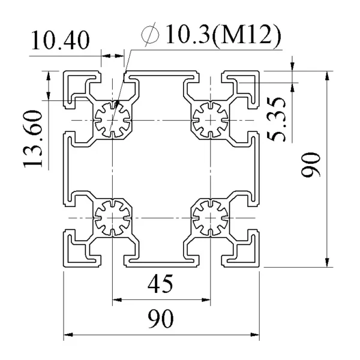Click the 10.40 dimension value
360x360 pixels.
tap(60, 40)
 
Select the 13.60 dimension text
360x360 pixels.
tap(32, 139)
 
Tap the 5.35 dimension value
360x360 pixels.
tap(277, 119)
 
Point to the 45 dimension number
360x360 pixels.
tap(160, 284)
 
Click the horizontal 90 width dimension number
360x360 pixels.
tap(160, 319)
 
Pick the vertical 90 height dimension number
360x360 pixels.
tap(311, 164)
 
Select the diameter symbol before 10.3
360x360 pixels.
tap(151, 34)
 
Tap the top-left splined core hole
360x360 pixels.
tap(112, 120)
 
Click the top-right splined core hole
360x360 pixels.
tap(211, 120)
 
